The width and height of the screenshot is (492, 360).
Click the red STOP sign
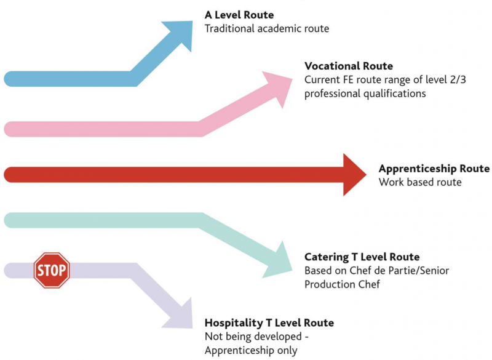click(52, 270)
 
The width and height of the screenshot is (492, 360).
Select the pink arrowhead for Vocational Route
click(279, 87)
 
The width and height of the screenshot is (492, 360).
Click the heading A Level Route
click(239, 15)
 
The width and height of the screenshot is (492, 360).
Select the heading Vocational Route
click(349, 66)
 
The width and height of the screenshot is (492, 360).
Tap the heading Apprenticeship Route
click(434, 169)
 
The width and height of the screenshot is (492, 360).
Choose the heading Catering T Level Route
click(362, 257)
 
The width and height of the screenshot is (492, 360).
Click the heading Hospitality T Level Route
click(269, 322)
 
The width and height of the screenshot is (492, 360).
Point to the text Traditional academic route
click(267, 28)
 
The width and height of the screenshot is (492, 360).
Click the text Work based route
click(420, 182)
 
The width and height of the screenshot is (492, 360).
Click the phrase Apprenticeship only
click(251, 350)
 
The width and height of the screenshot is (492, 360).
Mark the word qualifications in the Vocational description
click(395, 94)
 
